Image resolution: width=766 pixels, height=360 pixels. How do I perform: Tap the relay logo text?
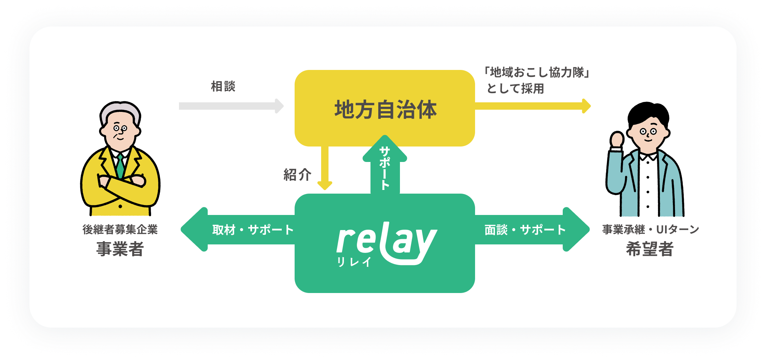[387, 241]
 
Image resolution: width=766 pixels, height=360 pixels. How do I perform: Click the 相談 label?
[223, 87]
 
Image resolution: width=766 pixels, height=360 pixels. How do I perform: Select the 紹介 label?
[297, 174]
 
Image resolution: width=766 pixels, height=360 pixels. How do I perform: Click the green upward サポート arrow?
[385, 166]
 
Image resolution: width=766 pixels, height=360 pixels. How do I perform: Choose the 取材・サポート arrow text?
[253, 230]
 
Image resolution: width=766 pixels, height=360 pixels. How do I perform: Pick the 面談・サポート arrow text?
[525, 230]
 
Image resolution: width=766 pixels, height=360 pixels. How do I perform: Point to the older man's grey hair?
[120, 109]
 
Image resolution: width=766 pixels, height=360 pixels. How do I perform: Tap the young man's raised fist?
[617, 140]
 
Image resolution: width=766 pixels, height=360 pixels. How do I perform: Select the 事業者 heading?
[120, 249]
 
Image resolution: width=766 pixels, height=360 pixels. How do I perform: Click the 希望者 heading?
[650, 249]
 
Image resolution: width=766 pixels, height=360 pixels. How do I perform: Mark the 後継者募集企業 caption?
[120, 230]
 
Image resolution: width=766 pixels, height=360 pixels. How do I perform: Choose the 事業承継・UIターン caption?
[650, 230]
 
